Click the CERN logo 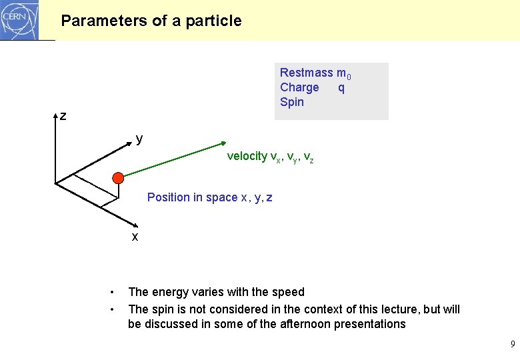coord(20,20)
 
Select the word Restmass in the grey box coord(306,73)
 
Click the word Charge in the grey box coord(299,87)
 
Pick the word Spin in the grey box coord(292,102)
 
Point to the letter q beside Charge coord(341,87)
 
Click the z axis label coord(63,117)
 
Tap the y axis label coord(139,139)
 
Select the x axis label coord(135,237)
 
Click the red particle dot coord(118,178)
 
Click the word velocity coord(247,156)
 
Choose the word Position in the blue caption coord(168,197)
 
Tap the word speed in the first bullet coord(288,292)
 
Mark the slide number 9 coord(512,345)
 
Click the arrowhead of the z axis coord(55,115)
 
